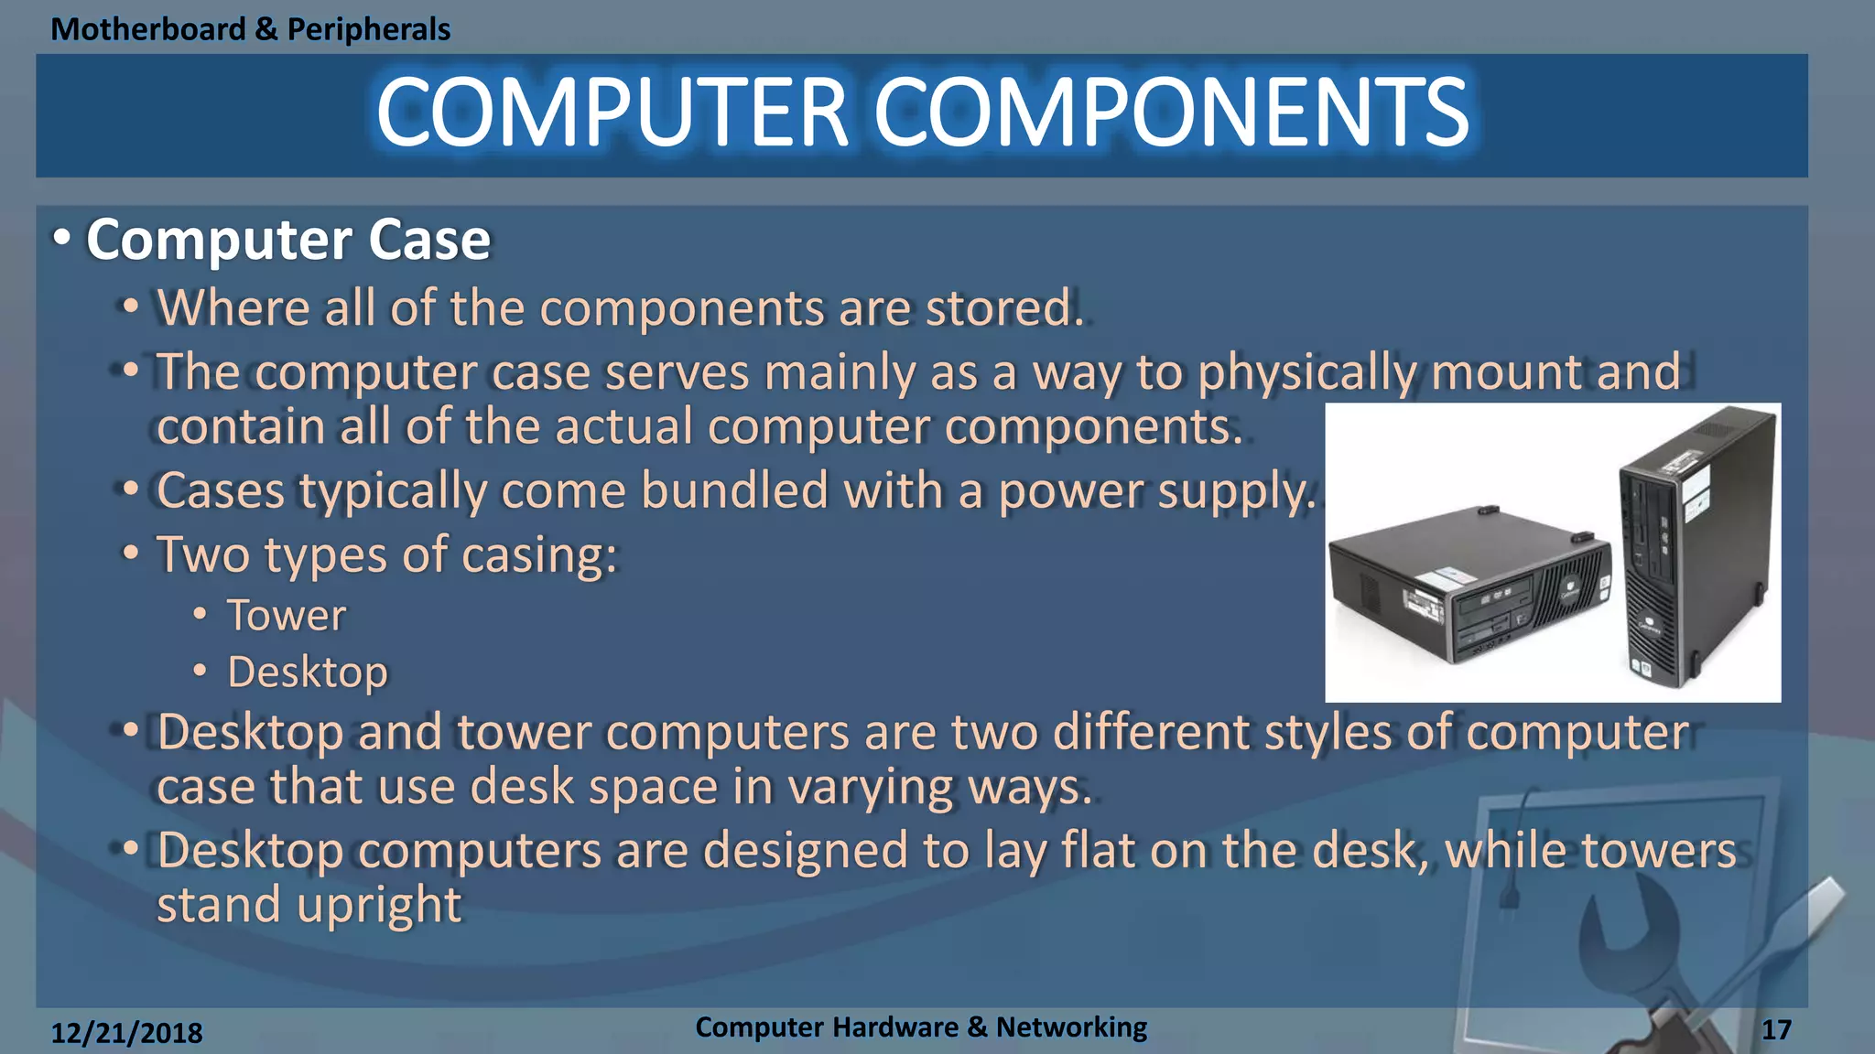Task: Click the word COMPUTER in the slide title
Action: click(612, 113)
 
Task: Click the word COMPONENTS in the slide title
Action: click(1172, 113)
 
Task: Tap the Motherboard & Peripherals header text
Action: click(250, 29)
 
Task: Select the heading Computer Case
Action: click(288, 240)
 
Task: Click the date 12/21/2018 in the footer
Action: click(126, 1032)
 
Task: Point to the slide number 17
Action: click(1776, 1030)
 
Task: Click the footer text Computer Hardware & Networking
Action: click(920, 1027)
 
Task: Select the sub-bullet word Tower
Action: click(287, 615)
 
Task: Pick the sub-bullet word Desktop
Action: click(308, 672)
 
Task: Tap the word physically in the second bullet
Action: click(1307, 372)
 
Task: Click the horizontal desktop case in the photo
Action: click(1465, 586)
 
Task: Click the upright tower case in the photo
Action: click(1694, 549)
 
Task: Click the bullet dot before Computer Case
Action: click(61, 238)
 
